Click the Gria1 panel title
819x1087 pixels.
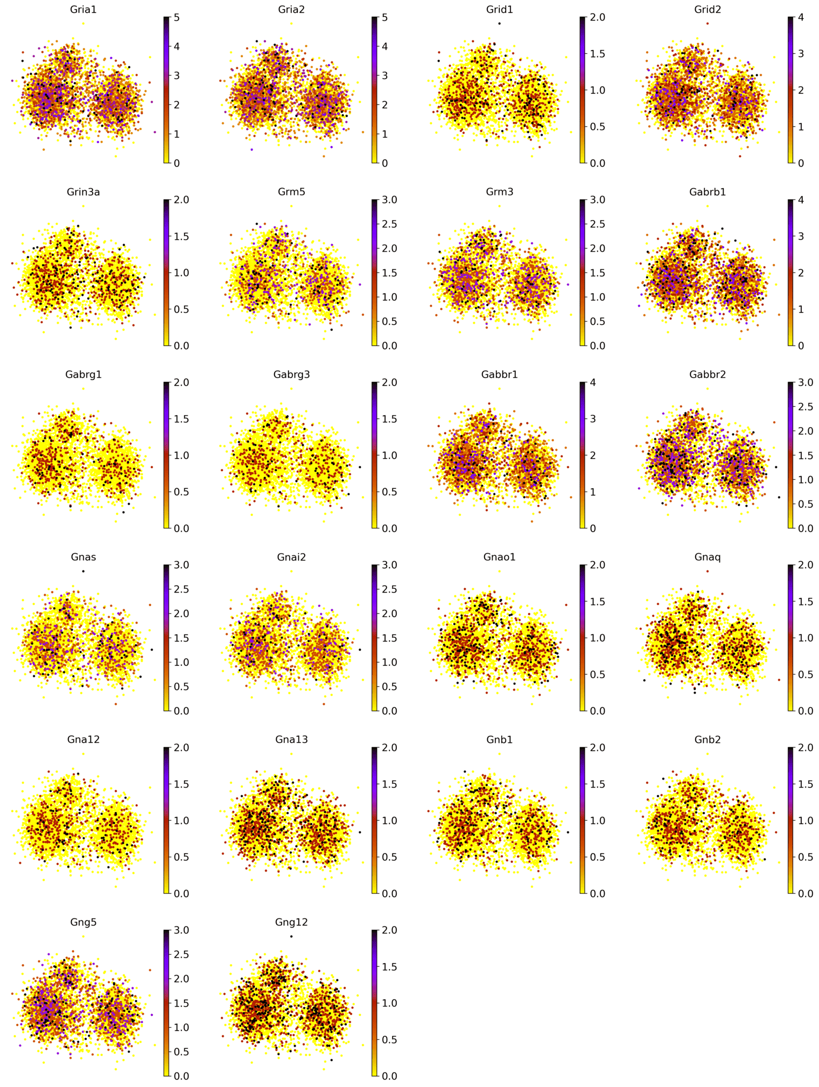click(83, 9)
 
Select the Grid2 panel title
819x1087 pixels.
click(707, 9)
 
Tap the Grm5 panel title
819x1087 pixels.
click(291, 192)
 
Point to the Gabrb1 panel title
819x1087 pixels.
click(707, 192)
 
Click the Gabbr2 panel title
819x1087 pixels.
click(707, 374)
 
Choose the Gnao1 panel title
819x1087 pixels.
click(499, 557)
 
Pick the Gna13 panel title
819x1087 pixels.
click(291, 740)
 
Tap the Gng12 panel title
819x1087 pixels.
click(291, 922)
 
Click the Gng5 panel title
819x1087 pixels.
click(83, 922)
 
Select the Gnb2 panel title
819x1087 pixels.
click(707, 740)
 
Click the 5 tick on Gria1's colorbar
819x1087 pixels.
click(176, 17)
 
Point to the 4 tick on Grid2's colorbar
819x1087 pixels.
click(800, 17)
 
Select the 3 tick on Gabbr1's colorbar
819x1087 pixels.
click(592, 419)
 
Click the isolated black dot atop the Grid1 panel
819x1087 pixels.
click(499, 23)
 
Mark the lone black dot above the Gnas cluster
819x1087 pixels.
click(83, 571)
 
